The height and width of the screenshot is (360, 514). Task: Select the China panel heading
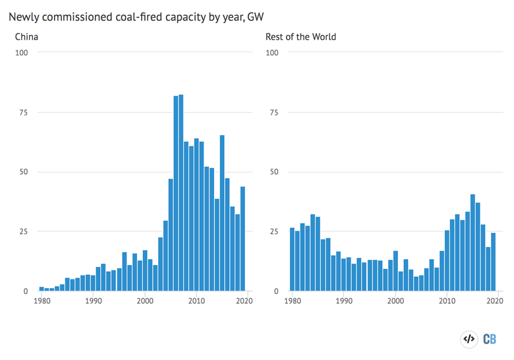click(26, 37)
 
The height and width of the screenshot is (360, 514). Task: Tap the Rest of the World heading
click(300, 37)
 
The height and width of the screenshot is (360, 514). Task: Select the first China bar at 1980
click(42, 289)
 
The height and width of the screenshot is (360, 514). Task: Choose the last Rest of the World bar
click(493, 262)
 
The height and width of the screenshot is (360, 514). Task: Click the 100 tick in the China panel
click(22, 53)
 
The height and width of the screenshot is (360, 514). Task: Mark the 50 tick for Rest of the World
click(271, 172)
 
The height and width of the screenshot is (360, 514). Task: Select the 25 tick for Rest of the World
click(271, 231)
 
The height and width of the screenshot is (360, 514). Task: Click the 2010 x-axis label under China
click(196, 301)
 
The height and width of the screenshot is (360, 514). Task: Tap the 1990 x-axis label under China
click(93, 301)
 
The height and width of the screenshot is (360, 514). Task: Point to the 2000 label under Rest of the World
click(395, 301)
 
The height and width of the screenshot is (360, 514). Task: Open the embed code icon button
click(469, 339)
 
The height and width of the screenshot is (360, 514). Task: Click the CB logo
click(490, 339)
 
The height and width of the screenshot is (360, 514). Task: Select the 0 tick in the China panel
click(26, 291)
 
